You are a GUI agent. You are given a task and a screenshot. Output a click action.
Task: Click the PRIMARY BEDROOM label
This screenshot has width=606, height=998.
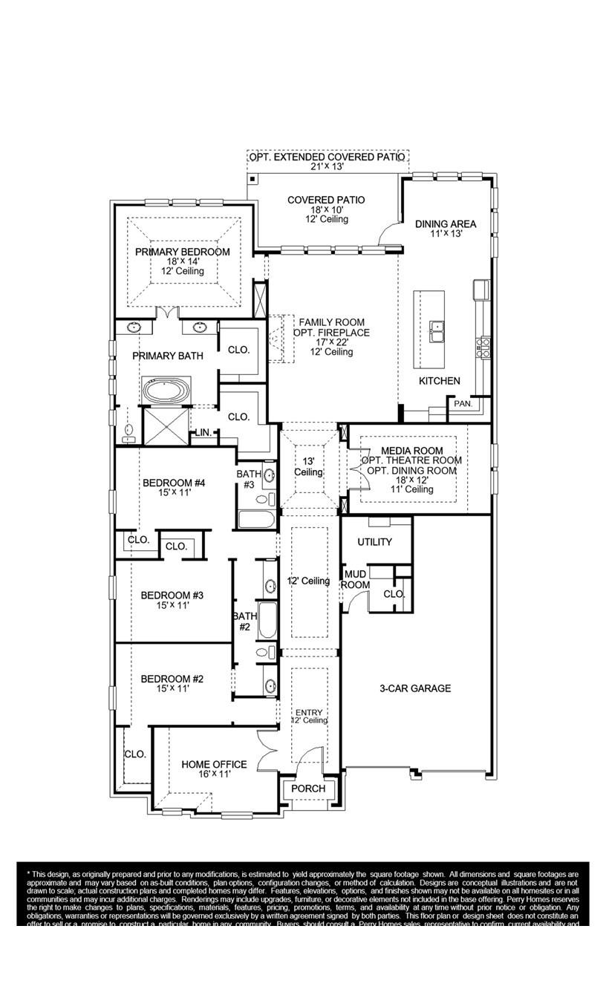pos(183,252)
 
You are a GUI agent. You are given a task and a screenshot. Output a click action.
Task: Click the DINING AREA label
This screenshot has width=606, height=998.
pos(446,224)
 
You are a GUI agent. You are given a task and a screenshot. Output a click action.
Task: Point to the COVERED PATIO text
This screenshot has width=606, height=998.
pos(326,200)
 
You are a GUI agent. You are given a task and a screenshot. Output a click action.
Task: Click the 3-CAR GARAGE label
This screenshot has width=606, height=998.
pos(415,688)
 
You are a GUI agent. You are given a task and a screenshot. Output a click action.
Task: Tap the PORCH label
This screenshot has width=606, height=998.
pos(308,788)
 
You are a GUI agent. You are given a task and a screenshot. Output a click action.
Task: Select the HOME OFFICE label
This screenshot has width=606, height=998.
pos(214,764)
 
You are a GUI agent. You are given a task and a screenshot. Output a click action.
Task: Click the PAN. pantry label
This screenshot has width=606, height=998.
pos(462,404)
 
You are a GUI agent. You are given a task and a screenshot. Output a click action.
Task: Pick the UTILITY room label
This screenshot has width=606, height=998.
pos(374,542)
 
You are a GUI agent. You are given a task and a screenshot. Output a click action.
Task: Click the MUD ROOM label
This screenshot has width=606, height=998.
pos(355,579)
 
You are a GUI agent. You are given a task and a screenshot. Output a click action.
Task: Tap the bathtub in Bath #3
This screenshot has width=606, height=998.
pos(256,519)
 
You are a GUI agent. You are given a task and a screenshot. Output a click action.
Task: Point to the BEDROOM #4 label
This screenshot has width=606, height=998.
pos(173,483)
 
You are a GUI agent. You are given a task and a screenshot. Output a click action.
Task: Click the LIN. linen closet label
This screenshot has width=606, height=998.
pos(203,432)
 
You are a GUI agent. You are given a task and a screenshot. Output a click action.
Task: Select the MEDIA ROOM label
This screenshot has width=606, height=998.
pos(412,451)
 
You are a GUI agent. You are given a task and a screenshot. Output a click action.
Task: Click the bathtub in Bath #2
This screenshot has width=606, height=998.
pos(267,621)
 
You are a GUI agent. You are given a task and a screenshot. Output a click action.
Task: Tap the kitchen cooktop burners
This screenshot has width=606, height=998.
pos(483,347)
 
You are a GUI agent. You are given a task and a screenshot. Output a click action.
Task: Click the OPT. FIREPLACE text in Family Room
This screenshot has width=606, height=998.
pos(331,332)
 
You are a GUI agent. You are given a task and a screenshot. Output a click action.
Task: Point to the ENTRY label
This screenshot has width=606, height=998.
pos(309,712)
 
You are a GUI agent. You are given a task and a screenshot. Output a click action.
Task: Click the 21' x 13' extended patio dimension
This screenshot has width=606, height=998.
pos(328,167)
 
